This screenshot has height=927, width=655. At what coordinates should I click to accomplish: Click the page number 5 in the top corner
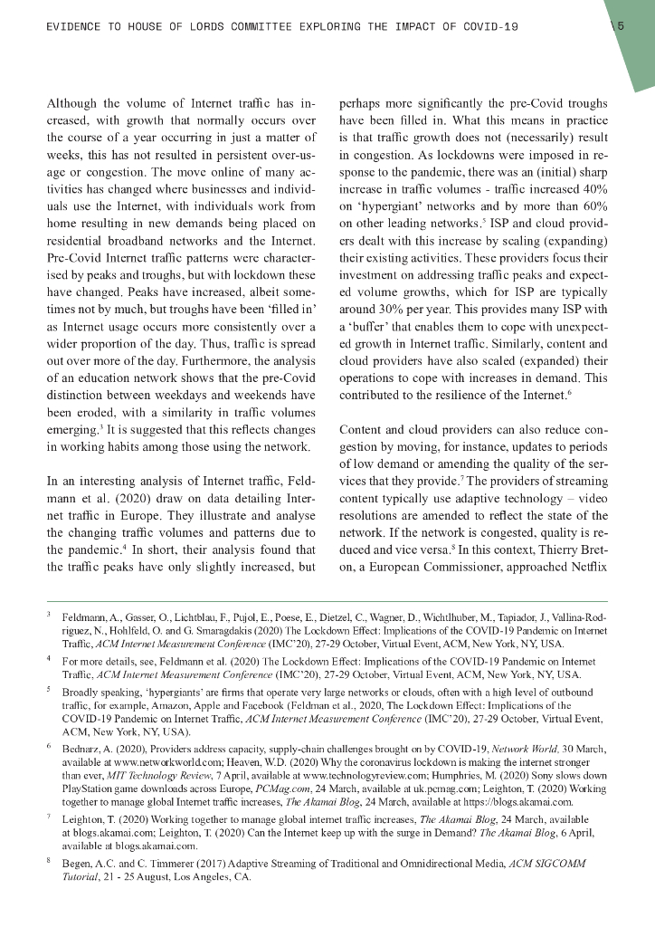coord(621,26)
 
